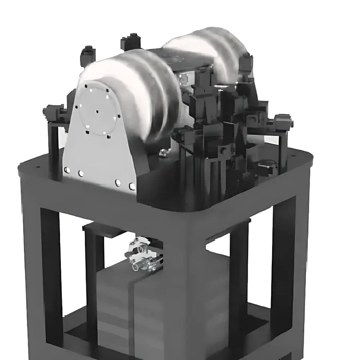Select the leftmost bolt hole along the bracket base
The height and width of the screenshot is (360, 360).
(66, 170)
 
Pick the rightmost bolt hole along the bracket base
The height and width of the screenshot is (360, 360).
(132, 186)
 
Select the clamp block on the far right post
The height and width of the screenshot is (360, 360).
(283, 121)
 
